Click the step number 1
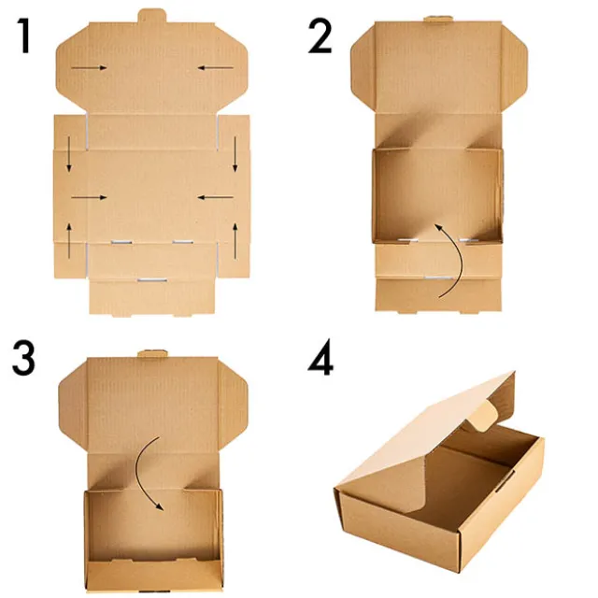coord(25,36)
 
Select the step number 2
coord(320,36)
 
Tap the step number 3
coord(23,359)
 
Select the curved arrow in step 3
coord(137,470)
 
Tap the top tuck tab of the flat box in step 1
coord(152,16)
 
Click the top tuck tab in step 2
coord(438,19)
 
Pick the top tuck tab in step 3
coord(152,353)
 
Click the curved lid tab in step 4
coord(483,417)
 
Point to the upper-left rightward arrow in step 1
coord(89,68)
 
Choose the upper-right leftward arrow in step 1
coord(216,68)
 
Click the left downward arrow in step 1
coord(69,154)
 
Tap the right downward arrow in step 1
coord(235,154)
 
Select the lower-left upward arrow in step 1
coord(69,241)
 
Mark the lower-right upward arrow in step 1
coord(235,241)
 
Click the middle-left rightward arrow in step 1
coord(89,197)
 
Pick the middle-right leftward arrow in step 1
coord(216,197)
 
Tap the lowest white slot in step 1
coord(152,280)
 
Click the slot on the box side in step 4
coord(505,482)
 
